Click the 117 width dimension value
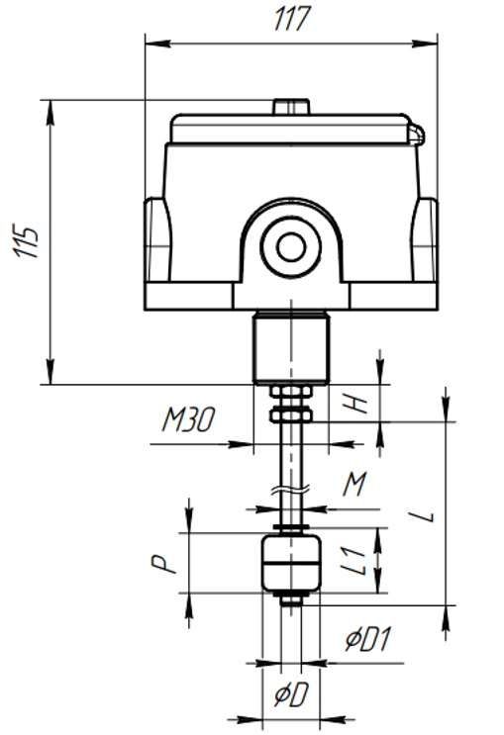pyautogui.click(x=292, y=19)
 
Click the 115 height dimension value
pyautogui.click(x=26, y=242)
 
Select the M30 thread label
pyautogui.click(x=189, y=419)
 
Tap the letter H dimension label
pyautogui.click(x=359, y=404)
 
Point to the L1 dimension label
pyautogui.click(x=353, y=561)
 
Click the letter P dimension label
pyautogui.click(x=162, y=565)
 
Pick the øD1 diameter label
pyautogui.click(x=368, y=640)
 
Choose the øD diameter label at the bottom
pyautogui.click(x=291, y=694)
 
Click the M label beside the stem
pyautogui.click(x=354, y=484)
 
